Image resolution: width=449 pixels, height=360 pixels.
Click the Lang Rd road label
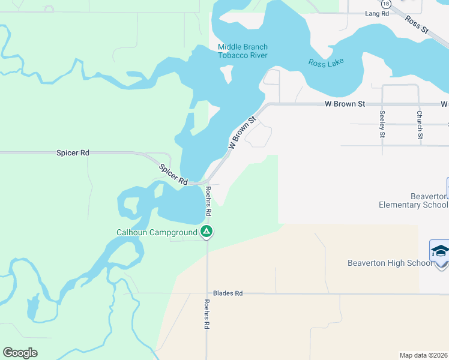click(373, 13)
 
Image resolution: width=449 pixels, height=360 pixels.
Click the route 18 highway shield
click(385, 3)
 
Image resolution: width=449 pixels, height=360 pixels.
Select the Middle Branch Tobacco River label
click(243, 52)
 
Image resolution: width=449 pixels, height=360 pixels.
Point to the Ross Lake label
click(326, 63)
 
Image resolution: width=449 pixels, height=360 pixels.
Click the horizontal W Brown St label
click(345, 104)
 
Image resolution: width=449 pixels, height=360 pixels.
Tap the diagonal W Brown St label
click(241, 133)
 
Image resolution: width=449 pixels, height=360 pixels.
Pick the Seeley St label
click(382, 124)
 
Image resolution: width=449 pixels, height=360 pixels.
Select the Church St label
click(420, 124)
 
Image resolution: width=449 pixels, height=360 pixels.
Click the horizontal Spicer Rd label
click(73, 153)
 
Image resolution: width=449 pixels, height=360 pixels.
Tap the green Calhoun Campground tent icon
click(206, 231)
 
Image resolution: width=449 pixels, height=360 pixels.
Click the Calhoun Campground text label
click(157, 232)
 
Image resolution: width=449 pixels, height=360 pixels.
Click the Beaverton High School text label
click(390, 263)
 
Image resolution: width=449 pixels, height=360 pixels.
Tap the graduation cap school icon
click(439, 251)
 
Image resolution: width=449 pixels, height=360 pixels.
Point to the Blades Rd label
click(230, 293)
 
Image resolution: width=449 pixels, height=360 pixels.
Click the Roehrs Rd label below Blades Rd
click(206, 314)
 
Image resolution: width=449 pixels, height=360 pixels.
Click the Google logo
click(20, 353)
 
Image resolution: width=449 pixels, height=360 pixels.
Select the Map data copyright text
click(424, 355)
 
